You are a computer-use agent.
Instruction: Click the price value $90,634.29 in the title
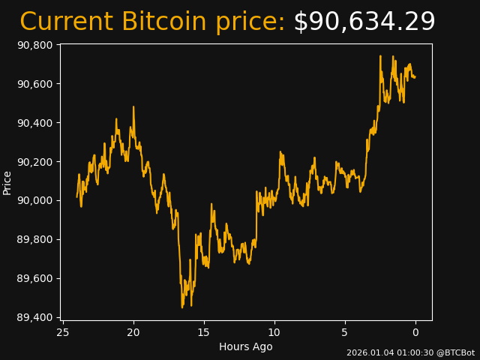(364, 22)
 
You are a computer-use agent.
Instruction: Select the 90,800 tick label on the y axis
(34, 45)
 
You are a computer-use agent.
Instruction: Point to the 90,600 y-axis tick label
(34, 84)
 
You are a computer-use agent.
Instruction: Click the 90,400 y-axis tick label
(34, 123)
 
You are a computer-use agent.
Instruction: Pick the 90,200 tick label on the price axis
(34, 162)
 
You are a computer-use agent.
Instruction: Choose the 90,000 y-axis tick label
(34, 201)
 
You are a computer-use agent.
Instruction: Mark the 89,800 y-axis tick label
(34, 240)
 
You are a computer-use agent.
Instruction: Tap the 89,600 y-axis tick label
(34, 279)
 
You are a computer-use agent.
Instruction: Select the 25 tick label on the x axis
(63, 332)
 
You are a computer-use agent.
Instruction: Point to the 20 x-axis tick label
(133, 332)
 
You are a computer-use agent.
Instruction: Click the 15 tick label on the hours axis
(204, 332)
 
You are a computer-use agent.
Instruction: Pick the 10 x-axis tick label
(274, 332)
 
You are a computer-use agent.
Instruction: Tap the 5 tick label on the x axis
(345, 332)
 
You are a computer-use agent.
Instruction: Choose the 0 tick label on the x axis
(415, 332)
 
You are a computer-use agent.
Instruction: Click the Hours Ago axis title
(245, 346)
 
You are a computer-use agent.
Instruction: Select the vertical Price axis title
(7, 182)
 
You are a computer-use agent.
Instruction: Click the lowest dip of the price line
(182, 307)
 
